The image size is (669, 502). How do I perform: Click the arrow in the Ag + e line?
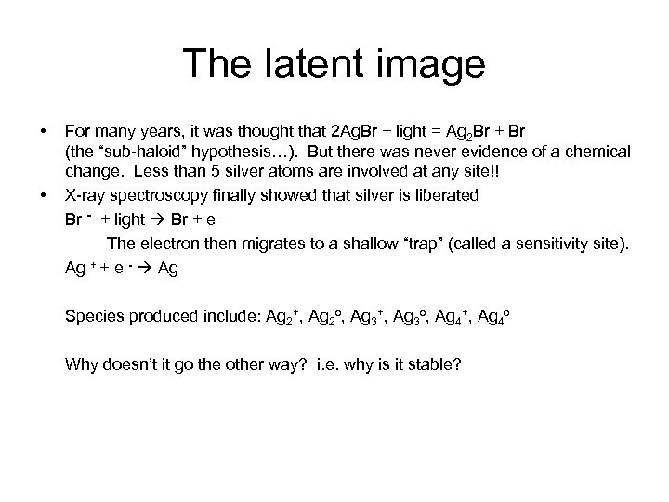(145, 268)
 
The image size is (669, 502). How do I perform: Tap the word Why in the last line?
(82, 363)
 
